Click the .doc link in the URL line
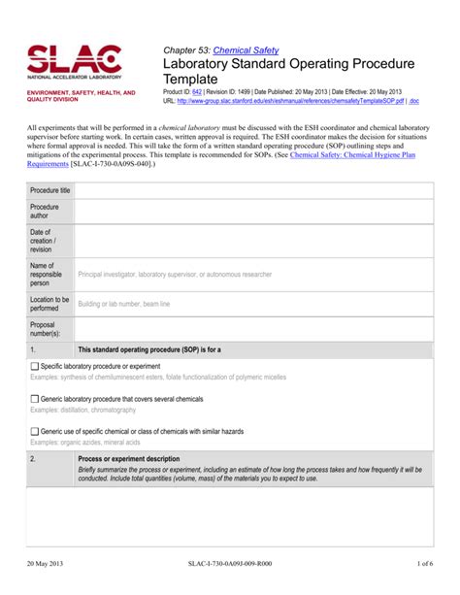[414, 100]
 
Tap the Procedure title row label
[49, 190]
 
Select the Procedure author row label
[45, 212]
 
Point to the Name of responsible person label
[47, 276]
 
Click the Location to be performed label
[49, 305]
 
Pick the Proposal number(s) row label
[46, 330]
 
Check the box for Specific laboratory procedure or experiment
[35, 367]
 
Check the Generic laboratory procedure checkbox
[35, 399]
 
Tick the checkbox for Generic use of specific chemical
[35, 431]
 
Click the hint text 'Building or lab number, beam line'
[123, 305]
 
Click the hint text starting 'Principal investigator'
[175, 276]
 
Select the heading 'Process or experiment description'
[128, 458]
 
